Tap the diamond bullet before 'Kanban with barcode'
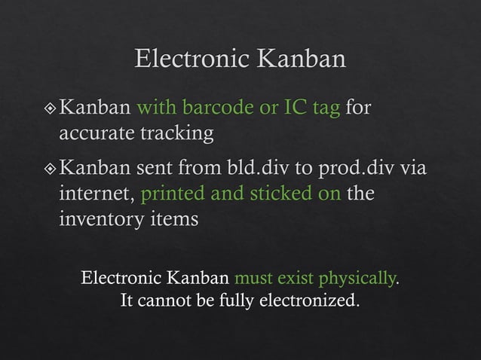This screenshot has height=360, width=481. (50, 108)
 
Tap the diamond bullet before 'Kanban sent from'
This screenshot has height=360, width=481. (50, 166)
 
